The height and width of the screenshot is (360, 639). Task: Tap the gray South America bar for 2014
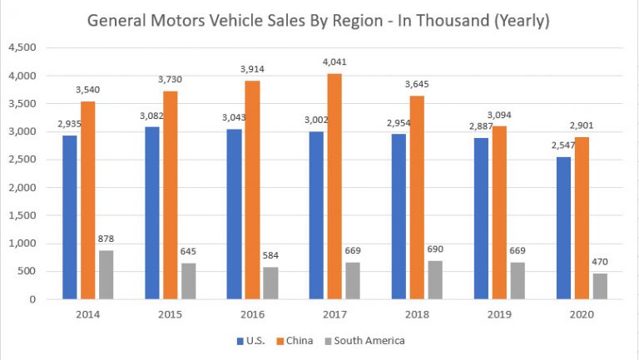coord(106,274)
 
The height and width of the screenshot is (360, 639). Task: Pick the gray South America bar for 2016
coord(270,283)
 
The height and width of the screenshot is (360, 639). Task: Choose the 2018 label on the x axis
coord(417,314)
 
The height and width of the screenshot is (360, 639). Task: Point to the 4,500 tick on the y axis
coord(22,48)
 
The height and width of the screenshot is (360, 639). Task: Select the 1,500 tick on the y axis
coord(22,215)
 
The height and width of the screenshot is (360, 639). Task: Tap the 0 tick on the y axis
coord(33,299)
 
